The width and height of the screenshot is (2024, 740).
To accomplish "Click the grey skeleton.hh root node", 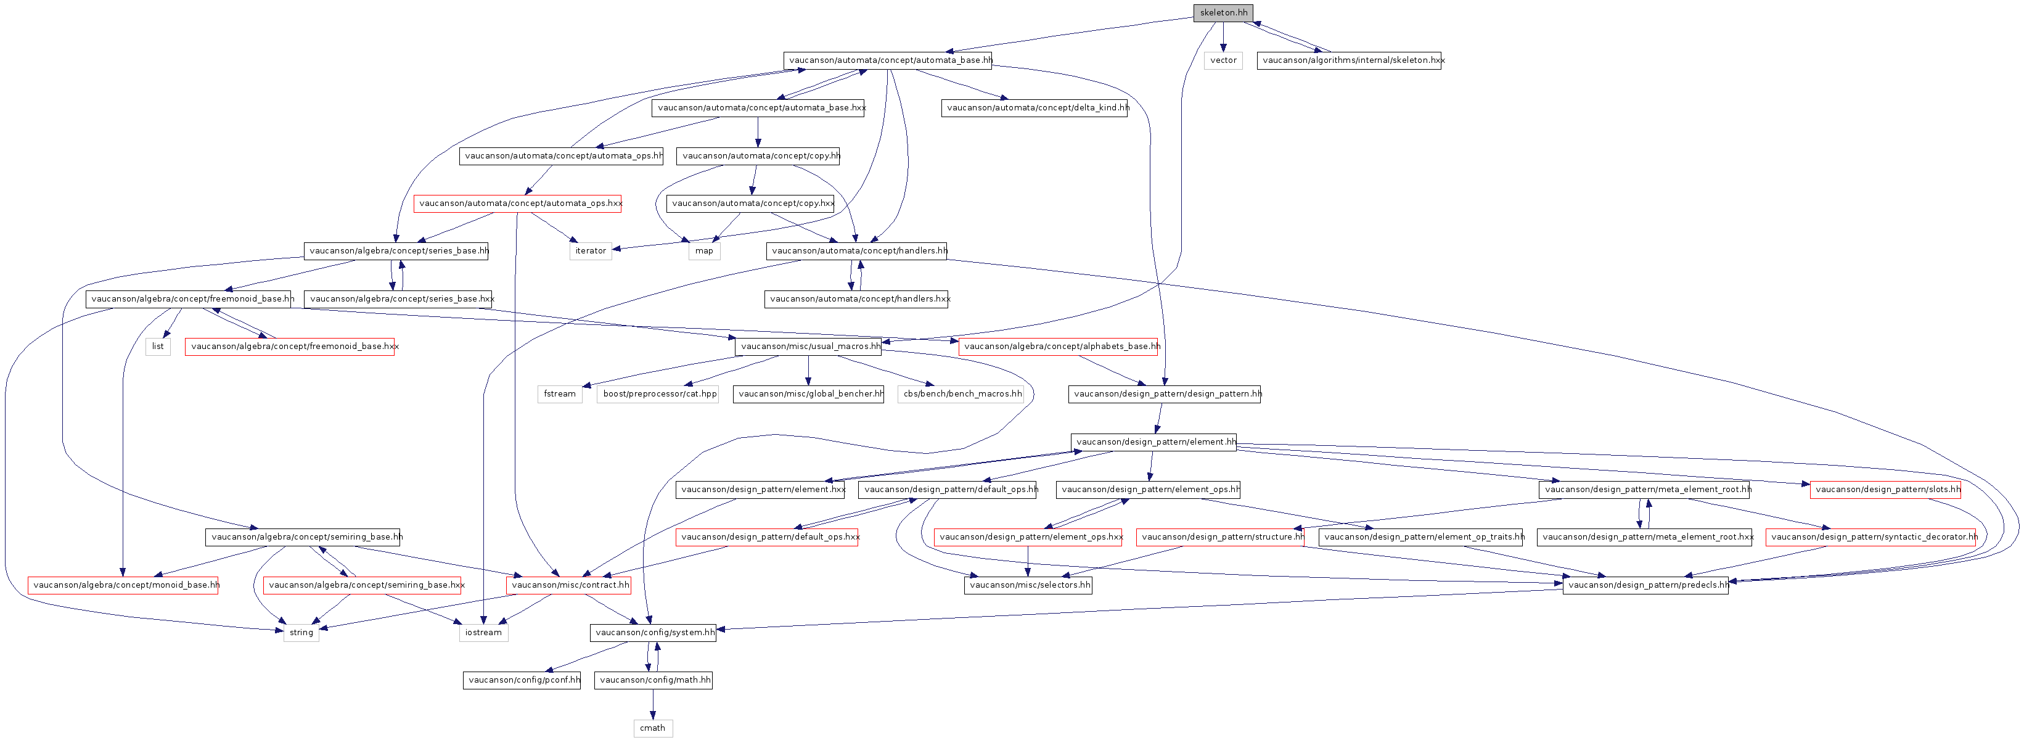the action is [x=1223, y=12].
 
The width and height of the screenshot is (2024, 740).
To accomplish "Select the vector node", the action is [x=1223, y=60].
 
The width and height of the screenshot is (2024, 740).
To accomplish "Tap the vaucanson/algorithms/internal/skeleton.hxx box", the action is [x=1349, y=60].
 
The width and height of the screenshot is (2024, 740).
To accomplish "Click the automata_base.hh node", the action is [x=888, y=60].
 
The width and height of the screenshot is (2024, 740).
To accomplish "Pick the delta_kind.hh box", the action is [x=1034, y=108].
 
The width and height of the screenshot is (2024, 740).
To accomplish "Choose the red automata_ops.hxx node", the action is [x=518, y=203].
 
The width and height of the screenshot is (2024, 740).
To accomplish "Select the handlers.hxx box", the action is [x=856, y=299].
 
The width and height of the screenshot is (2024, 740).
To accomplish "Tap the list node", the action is [x=158, y=347].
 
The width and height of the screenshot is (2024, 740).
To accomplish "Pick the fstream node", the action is [x=560, y=394].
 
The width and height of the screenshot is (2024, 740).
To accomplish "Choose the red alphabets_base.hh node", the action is [x=1059, y=347].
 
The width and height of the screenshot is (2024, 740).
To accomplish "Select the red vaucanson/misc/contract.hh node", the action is [x=569, y=585].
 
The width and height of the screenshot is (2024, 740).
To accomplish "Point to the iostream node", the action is [x=484, y=632].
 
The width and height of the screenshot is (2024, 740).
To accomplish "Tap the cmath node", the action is [x=653, y=728].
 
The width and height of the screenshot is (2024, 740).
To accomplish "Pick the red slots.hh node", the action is [x=1886, y=490].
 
